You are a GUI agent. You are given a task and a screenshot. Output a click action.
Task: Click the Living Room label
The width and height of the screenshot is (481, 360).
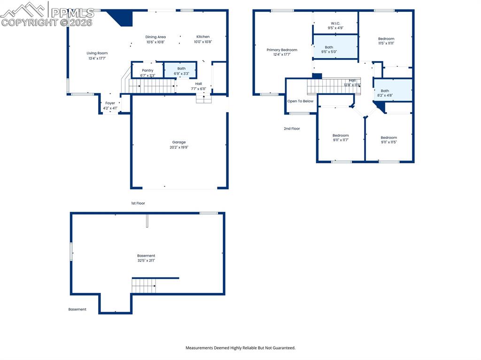tap(97, 54)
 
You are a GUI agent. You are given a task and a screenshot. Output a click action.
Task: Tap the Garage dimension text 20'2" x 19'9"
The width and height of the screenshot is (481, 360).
tap(179, 147)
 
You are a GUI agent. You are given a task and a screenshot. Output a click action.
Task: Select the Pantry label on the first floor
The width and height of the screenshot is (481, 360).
tap(147, 70)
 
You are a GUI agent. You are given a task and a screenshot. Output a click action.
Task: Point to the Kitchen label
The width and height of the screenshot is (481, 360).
tap(203, 37)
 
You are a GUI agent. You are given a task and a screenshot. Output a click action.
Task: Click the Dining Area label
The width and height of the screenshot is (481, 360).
tap(155, 37)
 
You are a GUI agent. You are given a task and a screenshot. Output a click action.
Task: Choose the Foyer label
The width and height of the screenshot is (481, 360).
tap(110, 103)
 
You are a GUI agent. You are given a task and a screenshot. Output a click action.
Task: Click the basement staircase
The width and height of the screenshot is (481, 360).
tap(144, 285)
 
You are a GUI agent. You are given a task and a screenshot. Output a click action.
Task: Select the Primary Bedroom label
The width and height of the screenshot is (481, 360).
tap(282, 50)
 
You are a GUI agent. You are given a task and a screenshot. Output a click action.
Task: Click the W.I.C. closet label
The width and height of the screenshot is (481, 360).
tap(335, 23)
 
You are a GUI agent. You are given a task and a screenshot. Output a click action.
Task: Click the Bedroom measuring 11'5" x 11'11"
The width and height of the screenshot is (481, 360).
tap(386, 39)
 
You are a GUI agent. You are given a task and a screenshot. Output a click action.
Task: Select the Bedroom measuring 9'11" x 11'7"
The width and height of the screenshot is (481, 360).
tap(341, 136)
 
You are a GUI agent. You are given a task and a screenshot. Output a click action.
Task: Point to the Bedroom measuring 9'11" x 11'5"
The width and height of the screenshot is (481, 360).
tap(388, 138)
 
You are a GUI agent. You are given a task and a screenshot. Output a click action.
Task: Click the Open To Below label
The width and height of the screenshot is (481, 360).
tap(300, 101)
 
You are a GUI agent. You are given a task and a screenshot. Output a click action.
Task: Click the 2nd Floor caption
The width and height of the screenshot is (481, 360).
tap(292, 129)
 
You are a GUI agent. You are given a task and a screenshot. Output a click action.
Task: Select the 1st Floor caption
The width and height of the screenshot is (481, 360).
tap(138, 203)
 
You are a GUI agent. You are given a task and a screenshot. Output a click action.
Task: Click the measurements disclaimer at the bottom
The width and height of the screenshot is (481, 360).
tap(240, 348)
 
